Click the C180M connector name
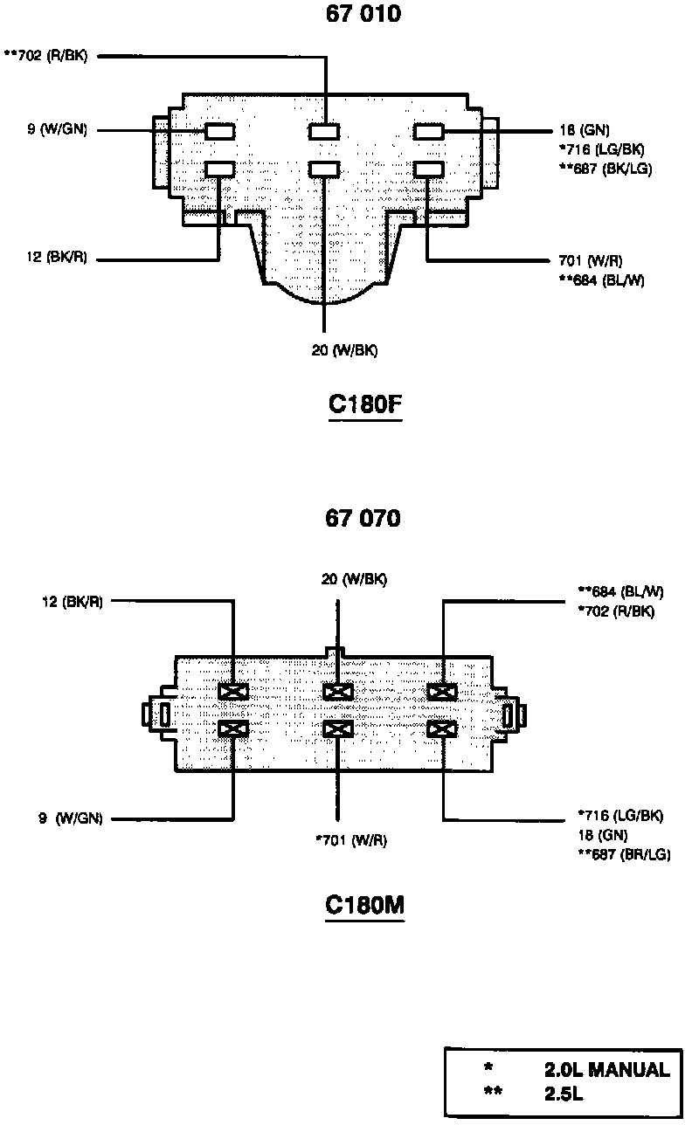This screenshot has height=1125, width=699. pos(364,906)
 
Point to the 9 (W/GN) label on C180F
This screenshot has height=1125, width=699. pos(57,132)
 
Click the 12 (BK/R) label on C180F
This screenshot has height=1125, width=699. pos(58,259)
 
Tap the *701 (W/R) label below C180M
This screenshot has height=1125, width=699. pos(350,840)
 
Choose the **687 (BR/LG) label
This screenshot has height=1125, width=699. pos(624,854)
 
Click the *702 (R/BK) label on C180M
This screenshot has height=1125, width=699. pos(616,611)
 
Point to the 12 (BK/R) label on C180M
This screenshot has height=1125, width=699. pos(72,601)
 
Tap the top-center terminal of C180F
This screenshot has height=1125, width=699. pos(324,132)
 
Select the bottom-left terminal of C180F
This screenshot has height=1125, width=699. pos(219,169)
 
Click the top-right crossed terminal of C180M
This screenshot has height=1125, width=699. pos(443,692)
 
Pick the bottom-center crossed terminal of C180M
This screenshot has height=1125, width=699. pos(337,728)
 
